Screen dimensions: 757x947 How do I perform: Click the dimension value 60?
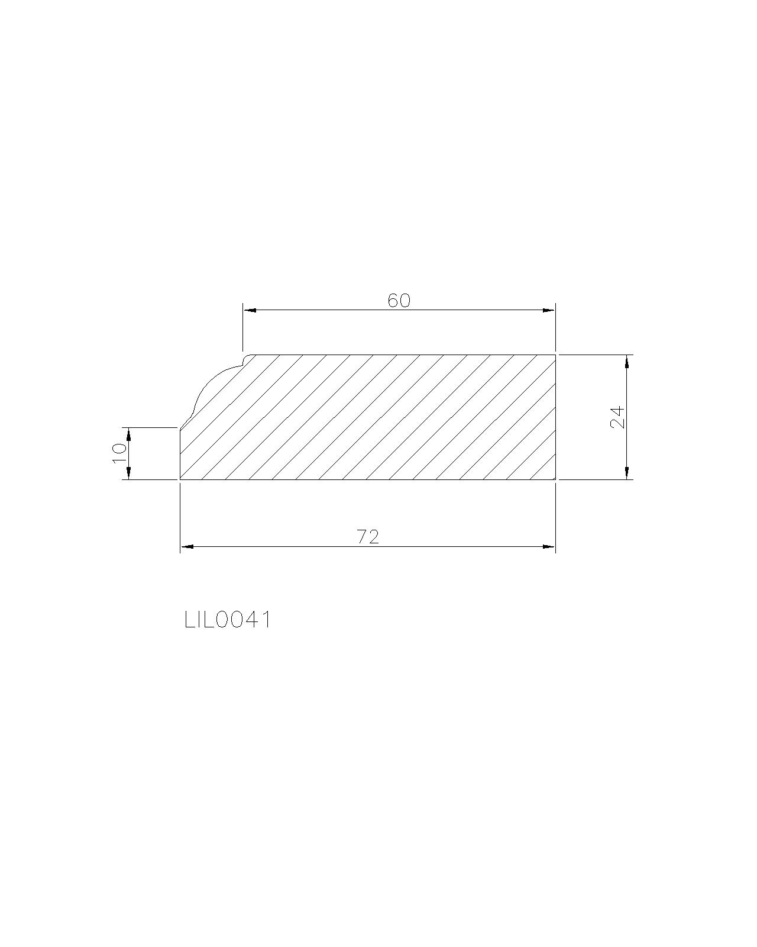(399, 301)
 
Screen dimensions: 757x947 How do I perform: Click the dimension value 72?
(368, 537)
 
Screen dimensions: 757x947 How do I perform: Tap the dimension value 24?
(617, 417)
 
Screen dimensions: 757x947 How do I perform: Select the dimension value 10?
(119, 453)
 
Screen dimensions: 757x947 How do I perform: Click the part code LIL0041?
(228, 620)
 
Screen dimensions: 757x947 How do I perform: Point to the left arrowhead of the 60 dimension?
(250, 310)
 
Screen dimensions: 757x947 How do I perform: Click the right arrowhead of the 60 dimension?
(549, 310)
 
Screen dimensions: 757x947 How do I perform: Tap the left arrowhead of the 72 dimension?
(186, 547)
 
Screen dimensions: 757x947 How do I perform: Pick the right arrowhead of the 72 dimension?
(549, 547)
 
